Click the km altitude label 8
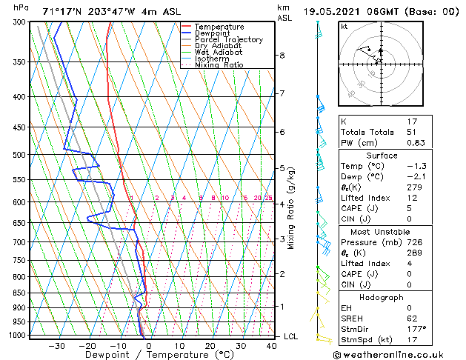point(282,56)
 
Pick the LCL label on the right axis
point(292,336)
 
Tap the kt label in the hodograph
point(344,26)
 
